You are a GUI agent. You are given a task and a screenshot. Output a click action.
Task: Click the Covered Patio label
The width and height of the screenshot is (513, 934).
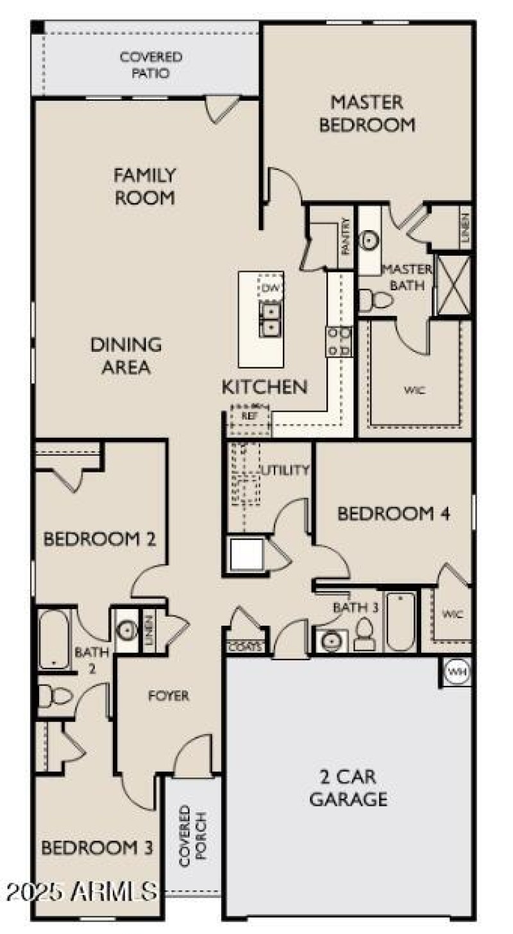click(151, 65)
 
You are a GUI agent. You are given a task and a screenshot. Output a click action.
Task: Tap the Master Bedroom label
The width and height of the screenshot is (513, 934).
click(367, 113)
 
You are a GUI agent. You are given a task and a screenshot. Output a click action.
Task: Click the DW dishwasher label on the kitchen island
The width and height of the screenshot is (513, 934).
click(269, 288)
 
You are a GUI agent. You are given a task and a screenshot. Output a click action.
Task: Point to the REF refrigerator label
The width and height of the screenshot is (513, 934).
click(248, 415)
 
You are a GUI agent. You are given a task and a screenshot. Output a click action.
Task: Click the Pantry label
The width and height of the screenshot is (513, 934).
click(346, 238)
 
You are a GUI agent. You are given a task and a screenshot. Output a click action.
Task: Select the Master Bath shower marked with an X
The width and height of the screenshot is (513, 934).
click(454, 285)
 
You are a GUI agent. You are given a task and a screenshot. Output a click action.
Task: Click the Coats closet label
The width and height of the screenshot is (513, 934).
click(245, 647)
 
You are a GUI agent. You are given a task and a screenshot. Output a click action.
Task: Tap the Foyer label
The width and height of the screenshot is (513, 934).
click(169, 696)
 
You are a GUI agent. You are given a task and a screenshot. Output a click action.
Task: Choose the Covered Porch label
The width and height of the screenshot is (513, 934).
click(192, 835)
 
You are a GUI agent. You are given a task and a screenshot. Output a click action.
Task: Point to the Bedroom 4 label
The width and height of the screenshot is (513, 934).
click(393, 513)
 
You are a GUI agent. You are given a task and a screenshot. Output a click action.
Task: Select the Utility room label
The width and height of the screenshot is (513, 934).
click(285, 470)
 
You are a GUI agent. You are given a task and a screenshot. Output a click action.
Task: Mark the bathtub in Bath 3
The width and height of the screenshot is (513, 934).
click(401, 621)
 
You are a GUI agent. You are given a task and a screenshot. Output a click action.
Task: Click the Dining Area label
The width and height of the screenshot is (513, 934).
click(126, 356)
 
